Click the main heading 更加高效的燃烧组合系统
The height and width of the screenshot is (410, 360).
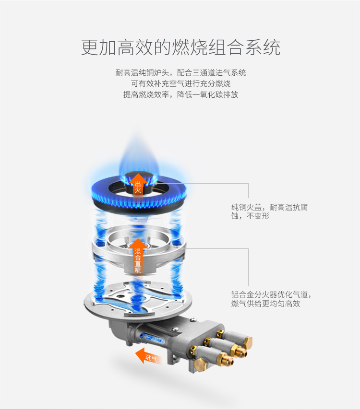click(180, 47)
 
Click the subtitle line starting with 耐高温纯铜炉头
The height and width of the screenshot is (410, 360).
click(180, 72)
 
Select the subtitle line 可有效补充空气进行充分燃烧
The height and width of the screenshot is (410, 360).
click(180, 83)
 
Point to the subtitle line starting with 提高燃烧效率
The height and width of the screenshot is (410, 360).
click(180, 94)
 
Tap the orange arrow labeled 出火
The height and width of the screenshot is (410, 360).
click(138, 184)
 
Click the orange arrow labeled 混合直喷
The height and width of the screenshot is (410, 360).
click(138, 257)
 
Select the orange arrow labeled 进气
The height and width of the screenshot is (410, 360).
click(148, 356)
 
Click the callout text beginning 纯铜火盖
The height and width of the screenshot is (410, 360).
click(269, 211)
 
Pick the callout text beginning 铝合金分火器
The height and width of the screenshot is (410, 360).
click(271, 299)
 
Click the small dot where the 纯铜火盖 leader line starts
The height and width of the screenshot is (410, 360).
click(156, 183)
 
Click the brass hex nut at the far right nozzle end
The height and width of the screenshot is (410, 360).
click(248, 343)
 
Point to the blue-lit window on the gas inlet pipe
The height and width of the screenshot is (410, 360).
click(152, 338)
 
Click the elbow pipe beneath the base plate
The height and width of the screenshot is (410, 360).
click(120, 331)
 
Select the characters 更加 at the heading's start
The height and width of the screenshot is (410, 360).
click(99, 47)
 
